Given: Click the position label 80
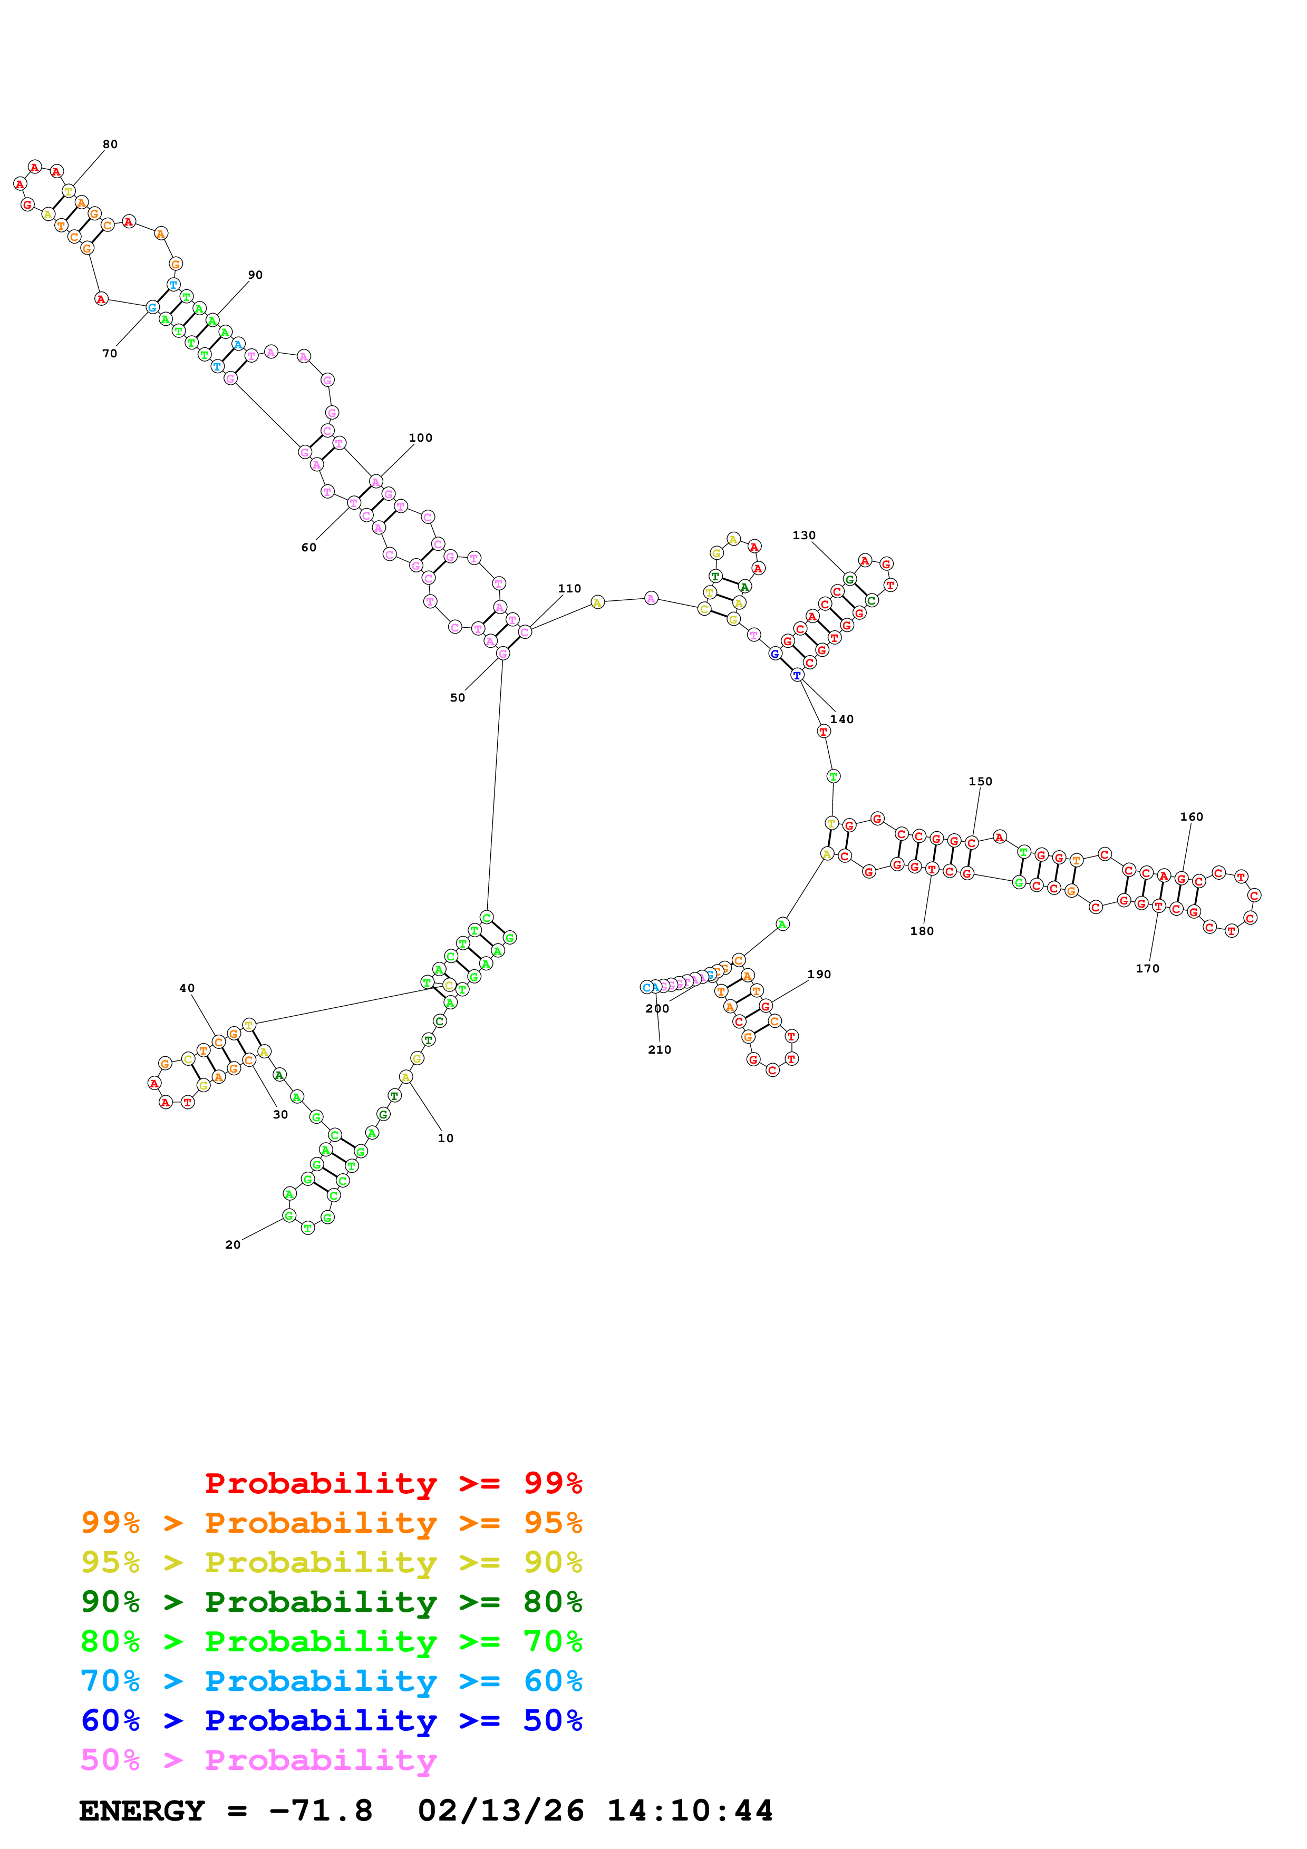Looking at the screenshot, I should pos(110,144).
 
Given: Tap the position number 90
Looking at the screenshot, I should pos(255,275).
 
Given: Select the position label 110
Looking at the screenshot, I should pos(569,589).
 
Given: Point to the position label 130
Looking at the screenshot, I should pos(803,536).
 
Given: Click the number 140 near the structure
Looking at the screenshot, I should pos(841,719).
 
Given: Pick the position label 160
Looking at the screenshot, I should pos(1191,816).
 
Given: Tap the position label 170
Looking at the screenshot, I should pos(1148,969).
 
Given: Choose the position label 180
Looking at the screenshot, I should pos(922,931).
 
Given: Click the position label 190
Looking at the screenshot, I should pos(819,975).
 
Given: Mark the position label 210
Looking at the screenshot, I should pos(660,1050).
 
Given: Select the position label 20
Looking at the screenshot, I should pos(233,1245).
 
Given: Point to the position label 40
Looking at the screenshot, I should pos(187,988).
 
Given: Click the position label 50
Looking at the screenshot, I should pos(458,698).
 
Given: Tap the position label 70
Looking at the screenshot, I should pos(110,354).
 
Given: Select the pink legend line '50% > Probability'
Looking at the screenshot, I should pos(258,1760).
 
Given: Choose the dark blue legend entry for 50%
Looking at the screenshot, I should pos(331,1721).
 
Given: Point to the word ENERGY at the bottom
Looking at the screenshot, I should pos(142,1811).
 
